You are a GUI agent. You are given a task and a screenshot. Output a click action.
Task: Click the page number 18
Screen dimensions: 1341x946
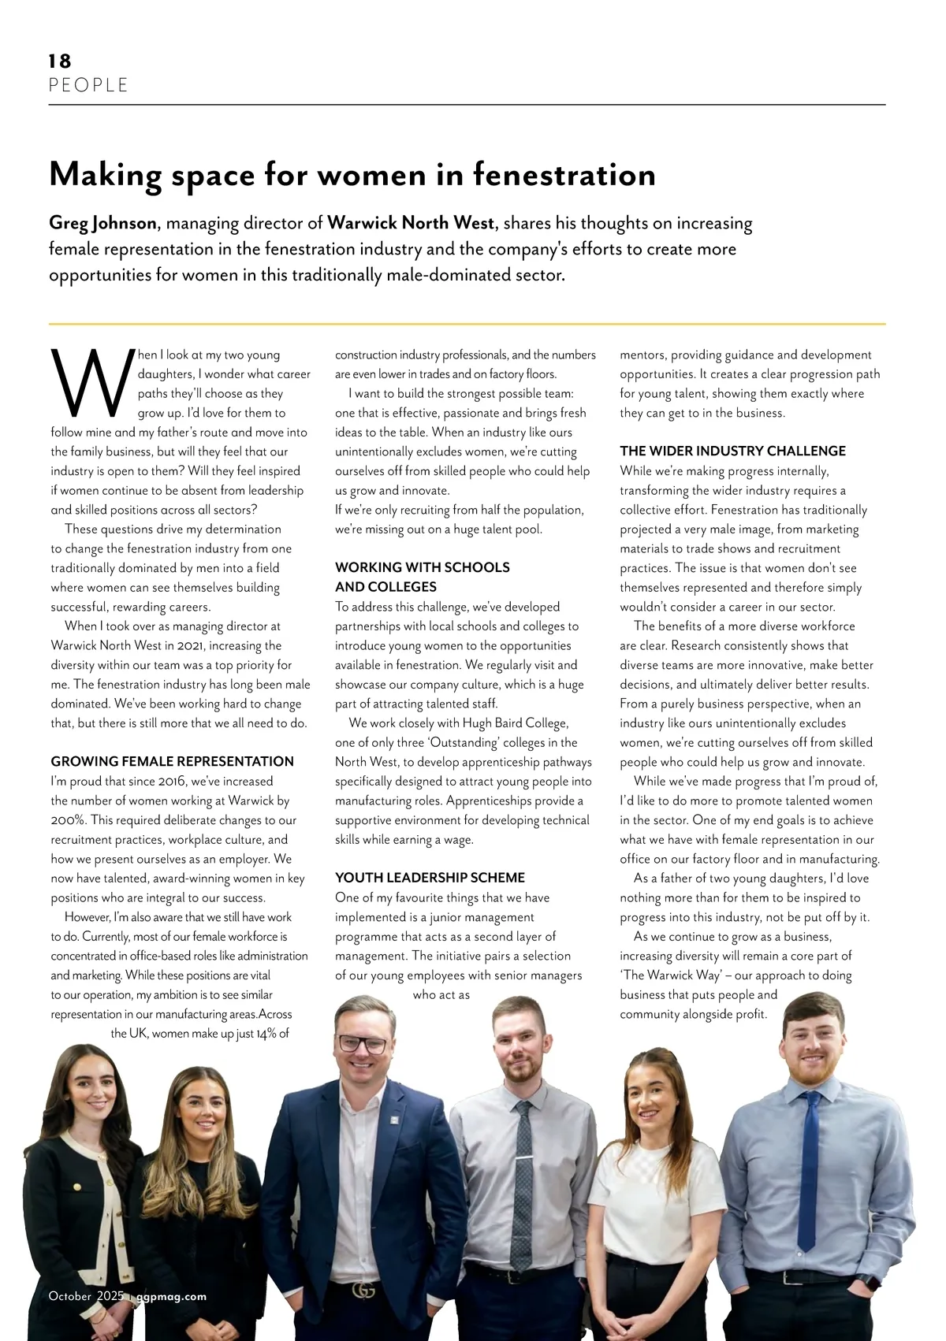click(x=60, y=61)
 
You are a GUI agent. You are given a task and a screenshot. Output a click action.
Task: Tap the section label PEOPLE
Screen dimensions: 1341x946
click(x=88, y=85)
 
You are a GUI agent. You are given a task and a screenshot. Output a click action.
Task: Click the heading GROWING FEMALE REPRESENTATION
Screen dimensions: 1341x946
click(x=172, y=762)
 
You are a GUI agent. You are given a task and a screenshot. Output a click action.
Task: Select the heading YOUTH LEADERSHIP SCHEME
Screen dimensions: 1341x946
click(x=430, y=878)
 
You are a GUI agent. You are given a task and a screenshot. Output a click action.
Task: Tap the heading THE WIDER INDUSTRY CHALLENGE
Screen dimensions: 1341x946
click(x=732, y=451)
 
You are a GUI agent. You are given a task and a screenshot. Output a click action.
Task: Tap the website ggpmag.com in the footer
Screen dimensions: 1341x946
click(x=171, y=1296)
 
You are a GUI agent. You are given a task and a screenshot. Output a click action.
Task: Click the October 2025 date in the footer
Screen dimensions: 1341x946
click(x=86, y=1296)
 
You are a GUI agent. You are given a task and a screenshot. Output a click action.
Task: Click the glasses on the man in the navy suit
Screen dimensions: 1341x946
click(x=363, y=1044)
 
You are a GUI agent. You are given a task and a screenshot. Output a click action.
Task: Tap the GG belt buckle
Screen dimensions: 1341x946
click(x=363, y=1290)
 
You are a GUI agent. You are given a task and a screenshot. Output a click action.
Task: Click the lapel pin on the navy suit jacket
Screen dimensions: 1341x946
click(x=392, y=1117)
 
